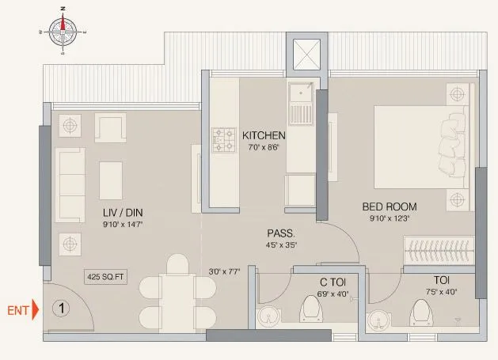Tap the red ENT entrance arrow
tap(35, 309)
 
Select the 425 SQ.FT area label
tap(107, 278)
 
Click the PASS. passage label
tap(281, 233)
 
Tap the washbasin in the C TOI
tap(272, 314)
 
